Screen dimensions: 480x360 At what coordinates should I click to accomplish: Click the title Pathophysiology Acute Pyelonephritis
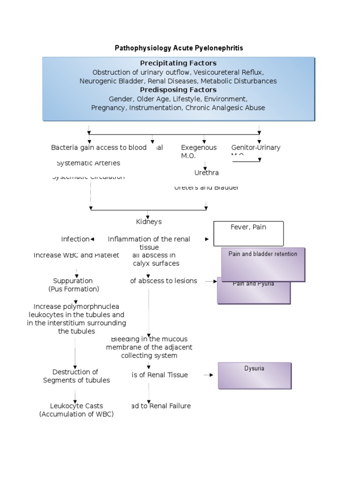179,48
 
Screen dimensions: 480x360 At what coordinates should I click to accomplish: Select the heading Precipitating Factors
178,63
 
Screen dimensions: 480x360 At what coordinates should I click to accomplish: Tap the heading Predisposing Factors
178,90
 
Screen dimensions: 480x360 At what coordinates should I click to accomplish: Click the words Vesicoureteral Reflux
228,72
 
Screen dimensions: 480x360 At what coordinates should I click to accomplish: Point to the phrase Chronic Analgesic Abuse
225,107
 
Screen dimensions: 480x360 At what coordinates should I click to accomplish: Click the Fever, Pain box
248,233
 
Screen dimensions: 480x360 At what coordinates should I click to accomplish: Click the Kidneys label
148,221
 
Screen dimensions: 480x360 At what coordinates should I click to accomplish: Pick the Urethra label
207,172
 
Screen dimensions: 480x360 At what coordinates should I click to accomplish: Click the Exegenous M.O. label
199,151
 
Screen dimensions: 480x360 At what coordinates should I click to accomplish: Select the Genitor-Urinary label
255,147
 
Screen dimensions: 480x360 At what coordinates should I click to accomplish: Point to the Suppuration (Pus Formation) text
74,285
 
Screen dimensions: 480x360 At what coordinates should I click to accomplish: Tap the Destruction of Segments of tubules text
76,376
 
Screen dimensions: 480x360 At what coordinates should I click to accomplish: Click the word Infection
75,239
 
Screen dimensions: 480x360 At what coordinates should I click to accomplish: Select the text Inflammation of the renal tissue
149,243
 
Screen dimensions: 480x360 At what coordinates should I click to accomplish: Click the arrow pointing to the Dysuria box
209,375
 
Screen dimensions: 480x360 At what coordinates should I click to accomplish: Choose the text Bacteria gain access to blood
99,147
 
